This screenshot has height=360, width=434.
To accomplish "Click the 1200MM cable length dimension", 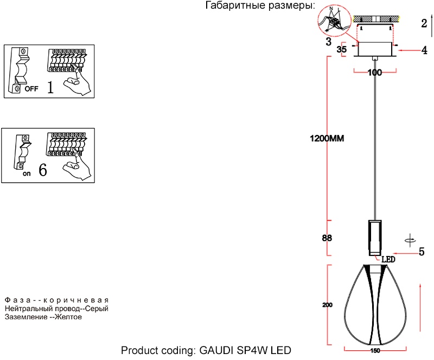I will [x=327, y=138].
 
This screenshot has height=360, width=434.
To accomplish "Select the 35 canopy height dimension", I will [x=342, y=49].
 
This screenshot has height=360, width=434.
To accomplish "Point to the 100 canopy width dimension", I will [x=375, y=73].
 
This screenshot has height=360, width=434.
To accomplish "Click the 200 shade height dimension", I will [x=327, y=305].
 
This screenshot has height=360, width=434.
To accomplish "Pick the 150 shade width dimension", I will [x=375, y=351].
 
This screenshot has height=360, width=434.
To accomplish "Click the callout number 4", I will [x=424, y=50].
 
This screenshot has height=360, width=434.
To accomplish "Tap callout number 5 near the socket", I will [x=421, y=252].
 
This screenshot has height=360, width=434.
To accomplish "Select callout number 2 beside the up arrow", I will [x=423, y=23].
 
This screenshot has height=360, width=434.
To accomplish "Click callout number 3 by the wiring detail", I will [x=329, y=41].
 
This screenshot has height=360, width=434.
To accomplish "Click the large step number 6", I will [x=43, y=170].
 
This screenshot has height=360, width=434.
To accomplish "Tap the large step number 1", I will [x=50, y=87].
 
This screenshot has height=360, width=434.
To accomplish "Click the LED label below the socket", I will [x=387, y=260].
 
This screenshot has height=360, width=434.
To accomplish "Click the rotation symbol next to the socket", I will [x=411, y=238].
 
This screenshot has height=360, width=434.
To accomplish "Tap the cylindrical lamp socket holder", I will [x=375, y=237].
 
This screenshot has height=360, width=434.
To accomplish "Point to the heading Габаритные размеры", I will [x=260, y=6].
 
